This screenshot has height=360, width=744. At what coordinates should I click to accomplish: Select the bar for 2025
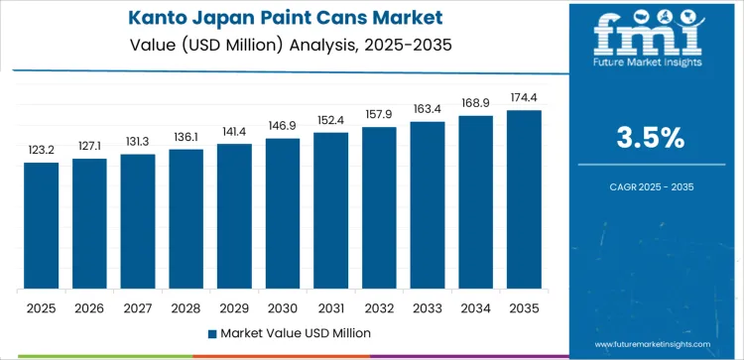tap(41, 225)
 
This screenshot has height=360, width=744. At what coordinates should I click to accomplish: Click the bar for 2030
tap(282, 213)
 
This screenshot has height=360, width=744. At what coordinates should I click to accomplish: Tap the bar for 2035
tap(524, 199)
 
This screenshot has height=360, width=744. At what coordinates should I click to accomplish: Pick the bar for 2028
tap(186, 219)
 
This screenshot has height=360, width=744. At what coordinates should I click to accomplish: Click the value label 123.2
tap(41, 151)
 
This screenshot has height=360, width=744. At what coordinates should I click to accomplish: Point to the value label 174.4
tap(524, 98)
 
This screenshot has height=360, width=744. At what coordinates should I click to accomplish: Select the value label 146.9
tap(282, 127)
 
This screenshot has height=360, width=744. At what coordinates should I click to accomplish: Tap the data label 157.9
tap(379, 115)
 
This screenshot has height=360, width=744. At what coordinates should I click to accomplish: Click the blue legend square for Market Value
tap(214, 333)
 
